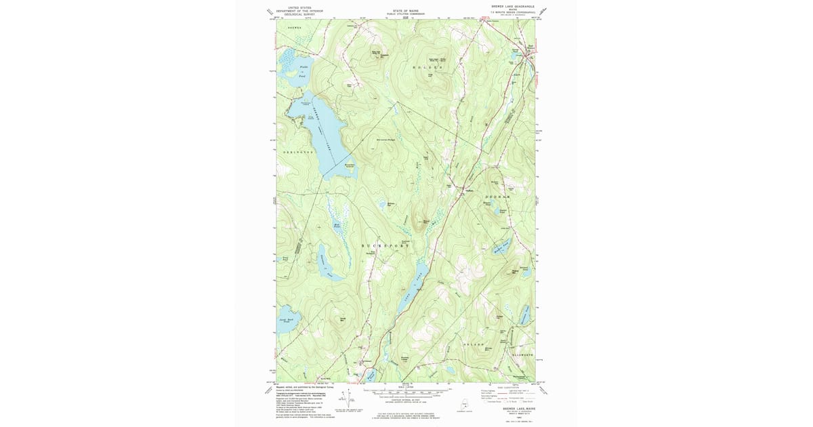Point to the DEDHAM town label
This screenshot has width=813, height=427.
tap(495, 196)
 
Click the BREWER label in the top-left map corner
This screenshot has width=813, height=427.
tap(294, 27)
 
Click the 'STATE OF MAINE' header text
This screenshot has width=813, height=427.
tap(406, 10)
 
